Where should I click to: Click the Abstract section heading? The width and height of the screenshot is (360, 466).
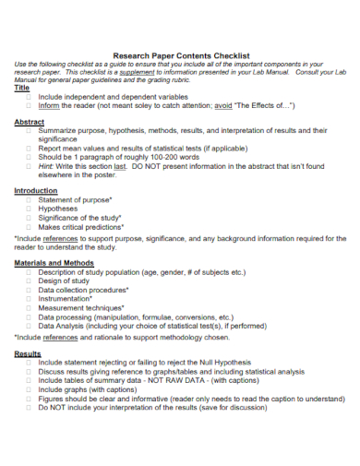point(30,122)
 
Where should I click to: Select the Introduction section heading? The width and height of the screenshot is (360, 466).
point(35,190)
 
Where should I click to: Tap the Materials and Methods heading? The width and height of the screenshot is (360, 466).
point(54,263)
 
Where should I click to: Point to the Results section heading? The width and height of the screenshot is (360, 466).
point(28,353)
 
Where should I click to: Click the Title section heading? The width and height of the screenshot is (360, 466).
point(22,88)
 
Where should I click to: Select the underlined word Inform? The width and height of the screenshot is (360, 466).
point(49,105)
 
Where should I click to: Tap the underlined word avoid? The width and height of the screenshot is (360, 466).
point(223,105)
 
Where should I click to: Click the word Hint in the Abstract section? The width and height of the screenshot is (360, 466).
point(46,166)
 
